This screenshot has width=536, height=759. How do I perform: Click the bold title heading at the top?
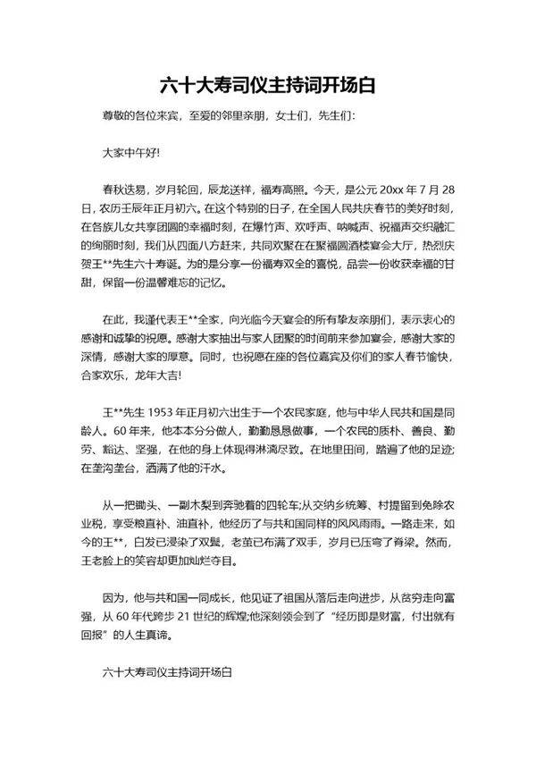click(267, 86)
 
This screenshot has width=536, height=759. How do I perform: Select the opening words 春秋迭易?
click(123, 190)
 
